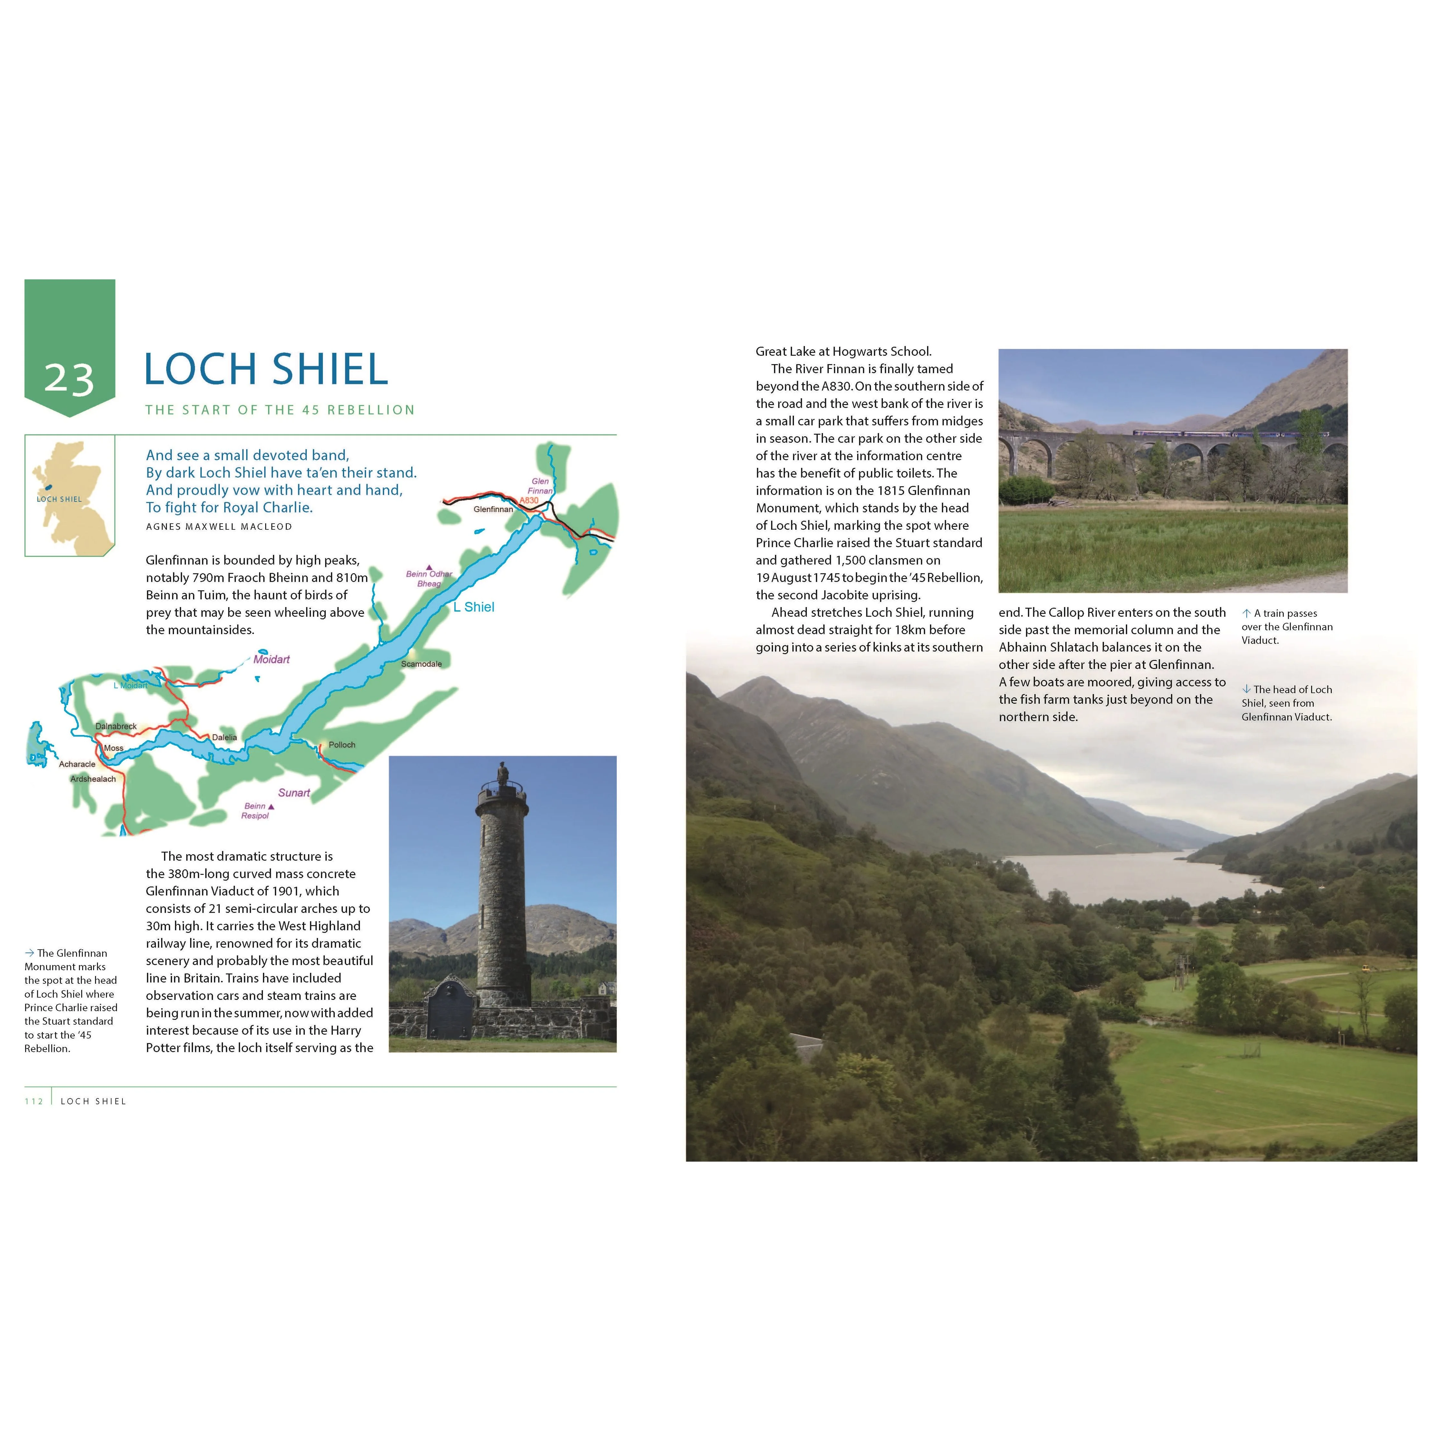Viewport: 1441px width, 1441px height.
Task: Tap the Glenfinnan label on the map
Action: point(493,509)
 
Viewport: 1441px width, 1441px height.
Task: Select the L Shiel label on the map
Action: point(474,607)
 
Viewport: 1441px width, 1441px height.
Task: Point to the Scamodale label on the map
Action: point(421,664)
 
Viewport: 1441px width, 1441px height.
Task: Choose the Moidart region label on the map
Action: point(272,659)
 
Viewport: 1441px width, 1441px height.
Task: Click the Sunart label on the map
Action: point(294,793)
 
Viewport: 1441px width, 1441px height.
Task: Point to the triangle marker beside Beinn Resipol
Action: point(271,806)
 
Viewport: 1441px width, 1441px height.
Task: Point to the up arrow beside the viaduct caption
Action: point(1246,613)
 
